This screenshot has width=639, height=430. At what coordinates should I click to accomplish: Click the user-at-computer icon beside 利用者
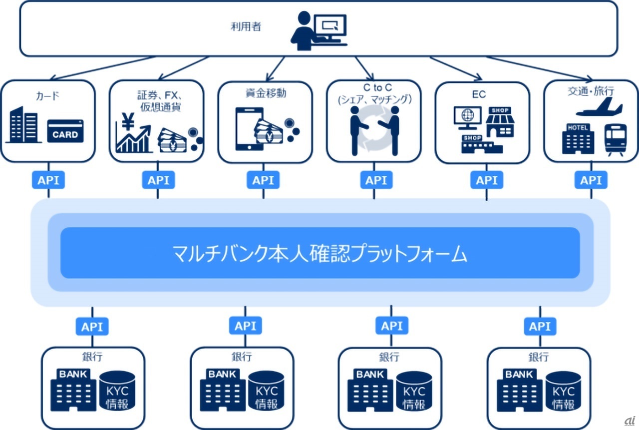319,31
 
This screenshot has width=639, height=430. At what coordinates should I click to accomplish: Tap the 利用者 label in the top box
246,26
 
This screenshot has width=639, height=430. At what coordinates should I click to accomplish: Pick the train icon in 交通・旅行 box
614,139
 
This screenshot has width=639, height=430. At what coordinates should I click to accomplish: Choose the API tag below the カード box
48,180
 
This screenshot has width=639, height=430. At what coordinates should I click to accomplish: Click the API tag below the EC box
487,180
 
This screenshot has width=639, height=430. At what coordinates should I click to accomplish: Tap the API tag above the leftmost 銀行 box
92,327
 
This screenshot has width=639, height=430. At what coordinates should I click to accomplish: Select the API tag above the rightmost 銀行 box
540,327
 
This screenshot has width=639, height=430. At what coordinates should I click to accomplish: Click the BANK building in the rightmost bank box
519,390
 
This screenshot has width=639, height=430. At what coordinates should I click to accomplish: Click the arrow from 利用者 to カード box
100,68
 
